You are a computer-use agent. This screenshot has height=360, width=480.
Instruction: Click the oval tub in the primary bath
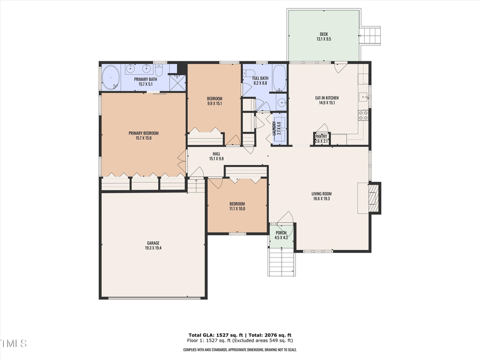coord(111,78)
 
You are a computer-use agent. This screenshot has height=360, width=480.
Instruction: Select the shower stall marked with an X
coord(177,82)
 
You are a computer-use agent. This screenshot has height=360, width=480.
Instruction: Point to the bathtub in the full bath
coord(279,78)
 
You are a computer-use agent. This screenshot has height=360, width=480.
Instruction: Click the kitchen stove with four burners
coord(363,114)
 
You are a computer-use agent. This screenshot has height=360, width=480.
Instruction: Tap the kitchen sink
coord(363,97)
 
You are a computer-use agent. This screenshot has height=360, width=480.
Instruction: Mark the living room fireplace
coord(375,198)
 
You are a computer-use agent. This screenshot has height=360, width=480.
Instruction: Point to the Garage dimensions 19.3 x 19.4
coord(153,248)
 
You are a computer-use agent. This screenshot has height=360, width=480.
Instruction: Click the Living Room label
coord(322,194)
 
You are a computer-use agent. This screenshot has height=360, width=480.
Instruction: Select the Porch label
coord(281,233)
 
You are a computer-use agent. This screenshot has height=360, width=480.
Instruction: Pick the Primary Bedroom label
coord(143,133)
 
